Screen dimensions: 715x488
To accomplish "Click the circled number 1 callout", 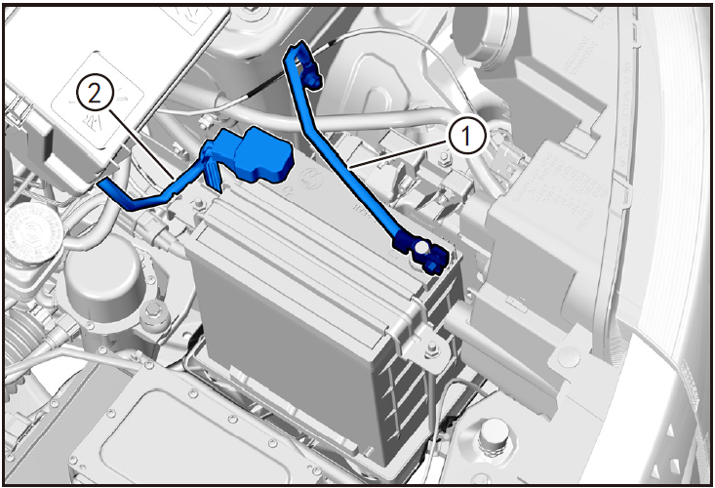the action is coord(465,137).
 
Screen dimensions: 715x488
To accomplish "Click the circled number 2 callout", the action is coord(94,95).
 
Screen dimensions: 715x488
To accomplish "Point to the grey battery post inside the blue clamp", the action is coord(421,248).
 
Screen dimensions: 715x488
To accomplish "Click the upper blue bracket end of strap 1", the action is coord(302,63).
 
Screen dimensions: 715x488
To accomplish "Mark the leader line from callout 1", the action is coord(398,155).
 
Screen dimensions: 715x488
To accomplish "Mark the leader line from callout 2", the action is coord(141,143).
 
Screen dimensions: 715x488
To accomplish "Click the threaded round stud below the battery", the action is coord(494,437).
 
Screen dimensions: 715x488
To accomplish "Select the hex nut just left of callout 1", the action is coord(443,160).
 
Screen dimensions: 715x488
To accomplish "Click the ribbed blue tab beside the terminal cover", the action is coord(213,174).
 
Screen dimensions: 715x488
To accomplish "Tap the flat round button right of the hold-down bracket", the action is coord(567,355).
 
